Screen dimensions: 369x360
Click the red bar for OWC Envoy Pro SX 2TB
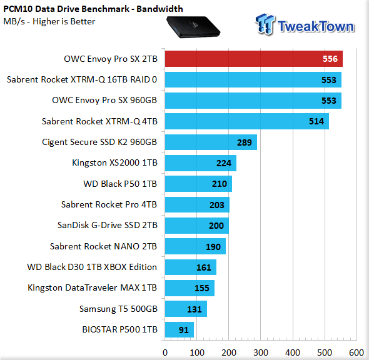(x=254, y=59)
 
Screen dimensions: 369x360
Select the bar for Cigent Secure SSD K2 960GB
(x=211, y=142)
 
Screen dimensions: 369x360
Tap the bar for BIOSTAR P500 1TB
(x=179, y=329)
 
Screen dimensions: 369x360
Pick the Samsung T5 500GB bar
(x=186, y=309)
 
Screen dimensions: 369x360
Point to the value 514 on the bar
(x=316, y=121)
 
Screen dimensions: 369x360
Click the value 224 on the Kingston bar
(x=224, y=163)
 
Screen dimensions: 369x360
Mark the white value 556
(x=330, y=59)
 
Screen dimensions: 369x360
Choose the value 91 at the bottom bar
(x=183, y=330)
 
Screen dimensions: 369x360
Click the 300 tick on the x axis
(x=261, y=352)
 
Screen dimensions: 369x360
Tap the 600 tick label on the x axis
(x=356, y=352)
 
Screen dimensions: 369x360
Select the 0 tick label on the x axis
(x=165, y=352)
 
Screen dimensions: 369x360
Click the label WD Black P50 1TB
(x=120, y=184)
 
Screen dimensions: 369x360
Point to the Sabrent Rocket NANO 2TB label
(x=103, y=246)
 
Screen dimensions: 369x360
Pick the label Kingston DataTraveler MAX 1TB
(x=93, y=287)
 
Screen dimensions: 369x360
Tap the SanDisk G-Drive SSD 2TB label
(x=108, y=225)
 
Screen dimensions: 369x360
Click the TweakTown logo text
(x=316, y=26)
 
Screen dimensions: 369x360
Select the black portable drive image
(x=193, y=27)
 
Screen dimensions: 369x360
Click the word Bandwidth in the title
(x=159, y=9)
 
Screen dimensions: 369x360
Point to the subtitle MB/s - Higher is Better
(x=49, y=22)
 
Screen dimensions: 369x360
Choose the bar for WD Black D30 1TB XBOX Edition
(x=191, y=267)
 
